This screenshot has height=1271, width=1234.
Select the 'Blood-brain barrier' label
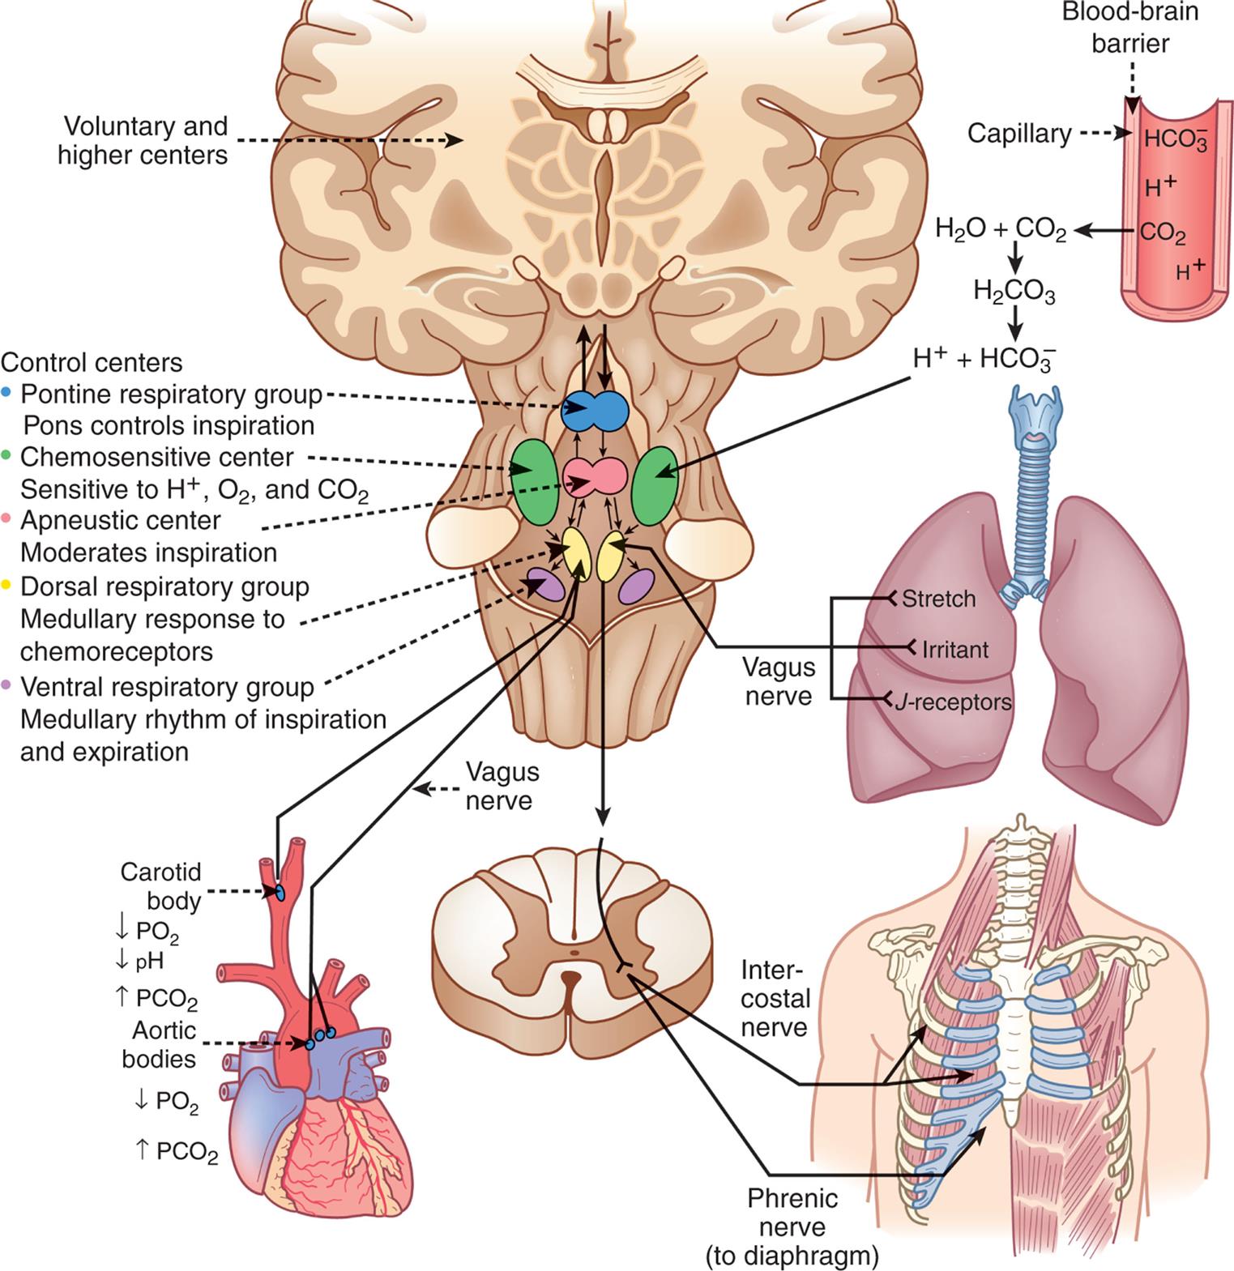coord(1130,28)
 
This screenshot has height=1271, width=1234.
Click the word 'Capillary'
coord(1019,133)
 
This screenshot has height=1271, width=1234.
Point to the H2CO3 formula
coord(1014,292)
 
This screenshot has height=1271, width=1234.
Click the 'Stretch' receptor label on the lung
coord(938,599)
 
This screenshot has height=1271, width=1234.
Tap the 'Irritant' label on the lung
coord(955,649)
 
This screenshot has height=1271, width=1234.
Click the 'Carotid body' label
coord(161,885)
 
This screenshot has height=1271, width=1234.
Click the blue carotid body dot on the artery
coord(280,892)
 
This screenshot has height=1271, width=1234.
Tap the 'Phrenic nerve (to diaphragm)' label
coord(792,1226)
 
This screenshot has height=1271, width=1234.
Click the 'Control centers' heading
coord(92,362)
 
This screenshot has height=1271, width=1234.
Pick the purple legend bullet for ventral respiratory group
coord(8,685)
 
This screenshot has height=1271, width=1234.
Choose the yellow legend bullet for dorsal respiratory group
coord(8,585)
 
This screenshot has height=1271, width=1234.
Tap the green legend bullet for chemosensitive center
coord(8,455)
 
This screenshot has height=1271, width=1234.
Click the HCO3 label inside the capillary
coord(1175,139)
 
